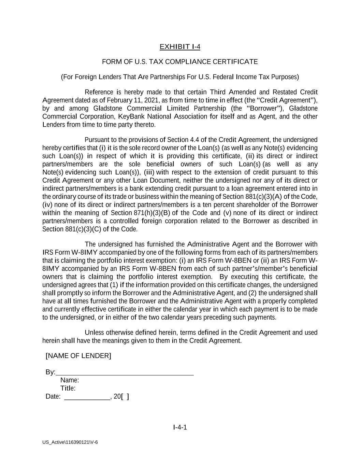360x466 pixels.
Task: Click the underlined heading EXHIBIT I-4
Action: point(180,47)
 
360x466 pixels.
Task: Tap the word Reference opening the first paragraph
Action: point(99,92)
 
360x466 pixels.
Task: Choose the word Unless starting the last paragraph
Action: point(94,333)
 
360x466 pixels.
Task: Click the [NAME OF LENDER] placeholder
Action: point(78,356)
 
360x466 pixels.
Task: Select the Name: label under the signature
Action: point(70,380)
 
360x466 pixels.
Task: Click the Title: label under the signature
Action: point(68,389)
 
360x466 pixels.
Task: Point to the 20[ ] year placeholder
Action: point(121,397)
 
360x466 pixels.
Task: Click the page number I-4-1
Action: point(180,427)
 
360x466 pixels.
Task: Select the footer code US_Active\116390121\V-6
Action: point(70,442)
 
